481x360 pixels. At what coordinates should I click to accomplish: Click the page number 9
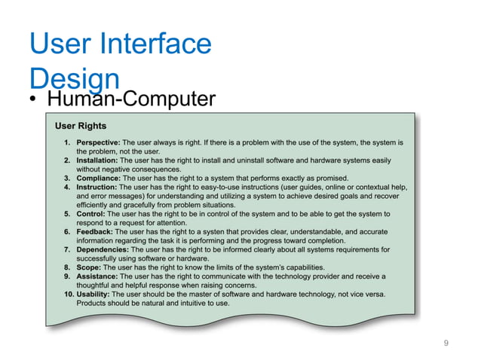coord(446,343)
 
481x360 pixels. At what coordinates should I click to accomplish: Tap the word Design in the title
coord(73,78)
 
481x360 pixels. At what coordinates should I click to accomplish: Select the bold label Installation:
coord(98,160)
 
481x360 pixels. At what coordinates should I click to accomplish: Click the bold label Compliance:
coord(100,178)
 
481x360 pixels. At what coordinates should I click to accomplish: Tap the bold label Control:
coord(92,214)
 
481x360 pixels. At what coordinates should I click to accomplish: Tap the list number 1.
coord(68,142)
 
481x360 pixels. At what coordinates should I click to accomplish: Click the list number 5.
coord(68,214)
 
